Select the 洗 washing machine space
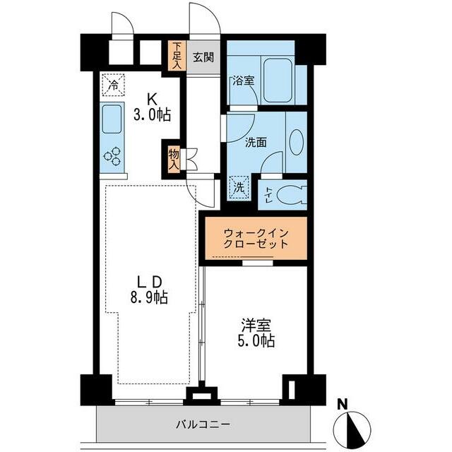(x=240, y=189)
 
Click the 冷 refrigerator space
(x=113, y=85)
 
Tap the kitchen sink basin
(x=112, y=121)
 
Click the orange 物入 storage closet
(x=174, y=159)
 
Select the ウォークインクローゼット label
(x=256, y=238)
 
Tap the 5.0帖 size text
(x=256, y=340)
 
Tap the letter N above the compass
(x=342, y=405)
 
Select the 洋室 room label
(x=256, y=326)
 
